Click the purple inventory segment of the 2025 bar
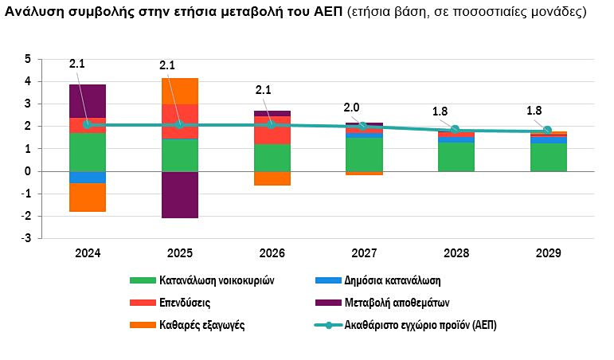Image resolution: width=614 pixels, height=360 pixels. tap(179, 194)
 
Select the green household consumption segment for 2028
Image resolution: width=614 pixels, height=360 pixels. tap(456, 156)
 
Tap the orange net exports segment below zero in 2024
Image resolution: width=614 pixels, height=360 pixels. tap(88, 197)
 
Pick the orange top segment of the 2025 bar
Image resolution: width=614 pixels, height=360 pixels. tap(179, 91)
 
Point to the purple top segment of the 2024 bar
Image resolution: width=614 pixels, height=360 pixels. tap(88, 100)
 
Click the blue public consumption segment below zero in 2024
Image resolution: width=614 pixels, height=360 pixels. tap(88, 177)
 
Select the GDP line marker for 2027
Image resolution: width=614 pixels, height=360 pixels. tap(363, 126)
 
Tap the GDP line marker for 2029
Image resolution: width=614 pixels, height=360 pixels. tap(547, 131)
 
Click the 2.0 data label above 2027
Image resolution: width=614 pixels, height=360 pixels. tap(350, 108)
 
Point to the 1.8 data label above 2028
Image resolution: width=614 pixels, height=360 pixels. tap(440, 112)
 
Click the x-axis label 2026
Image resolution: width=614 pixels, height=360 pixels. tap(272, 252)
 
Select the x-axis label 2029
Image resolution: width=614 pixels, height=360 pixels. tap(547, 252)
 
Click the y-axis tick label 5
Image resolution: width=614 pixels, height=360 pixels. tap(28, 59)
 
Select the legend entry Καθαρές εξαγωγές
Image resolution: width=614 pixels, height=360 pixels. tap(201, 325)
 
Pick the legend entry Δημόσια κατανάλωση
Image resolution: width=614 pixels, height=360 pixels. tap(393, 280)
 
